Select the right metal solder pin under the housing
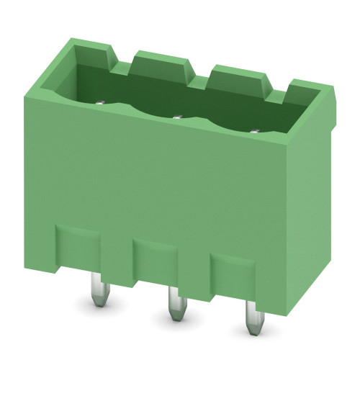point(251,318)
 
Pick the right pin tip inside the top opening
point(253,130)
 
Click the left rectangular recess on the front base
point(78,245)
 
